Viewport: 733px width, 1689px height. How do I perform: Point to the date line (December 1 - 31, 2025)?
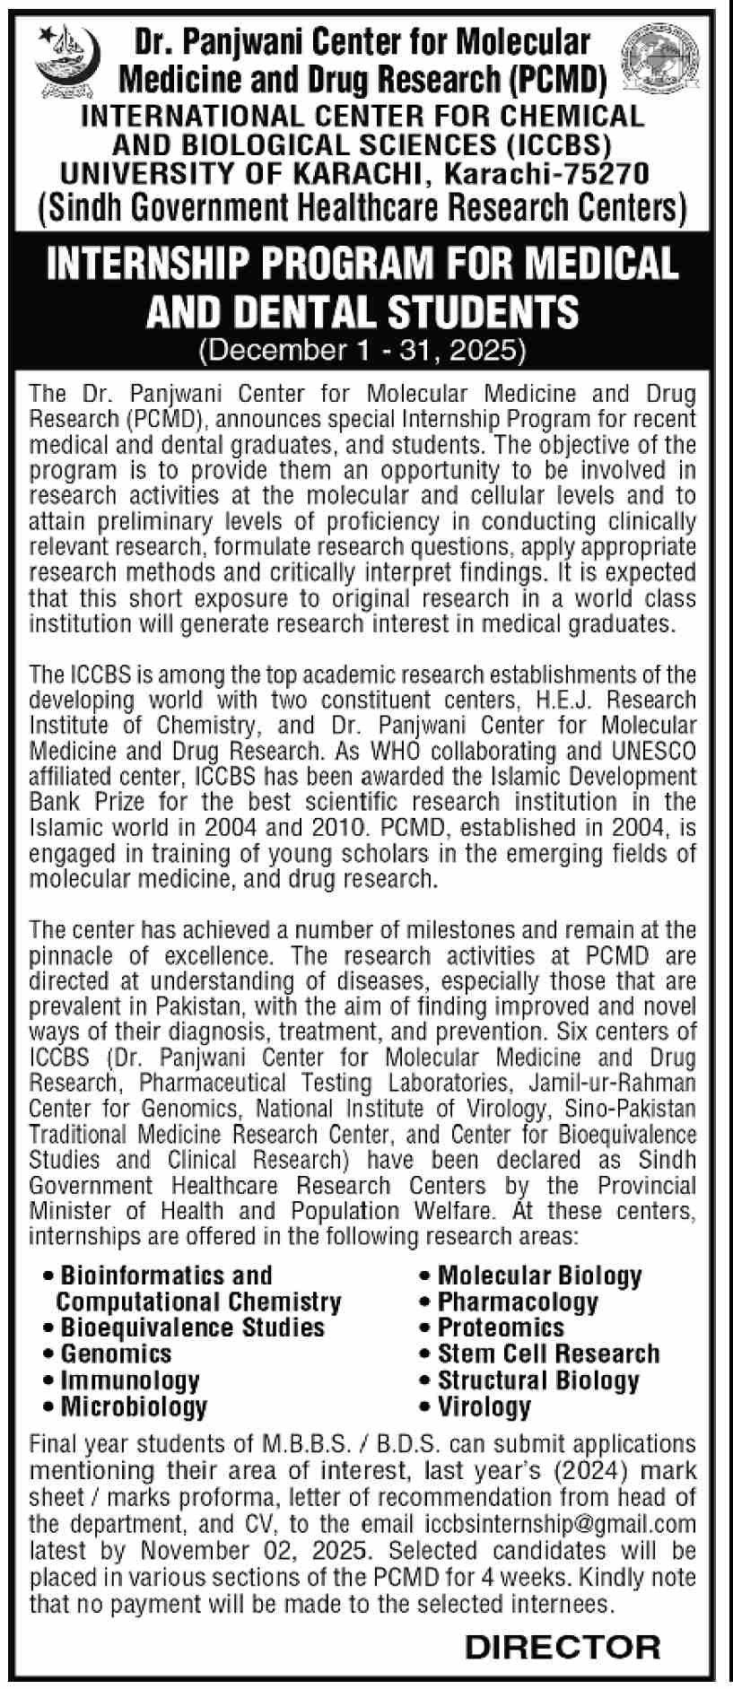point(365,348)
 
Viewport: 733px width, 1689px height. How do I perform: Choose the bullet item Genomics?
point(116,1353)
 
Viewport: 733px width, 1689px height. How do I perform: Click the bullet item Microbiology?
point(134,1406)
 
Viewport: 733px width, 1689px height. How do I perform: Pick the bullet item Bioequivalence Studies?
point(192,1327)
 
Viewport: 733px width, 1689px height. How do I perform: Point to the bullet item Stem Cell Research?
point(548,1354)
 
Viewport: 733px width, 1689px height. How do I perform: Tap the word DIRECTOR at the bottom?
point(563,1646)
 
